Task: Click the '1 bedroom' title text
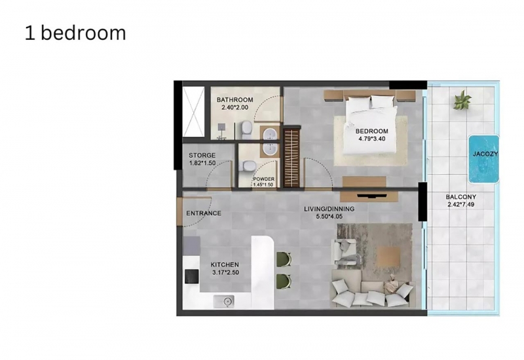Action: [75, 33]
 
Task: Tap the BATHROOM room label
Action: [234, 99]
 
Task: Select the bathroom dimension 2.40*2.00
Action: [234, 107]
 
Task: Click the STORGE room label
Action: [202, 155]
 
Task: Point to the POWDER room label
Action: [264, 179]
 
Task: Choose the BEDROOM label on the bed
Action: [371, 132]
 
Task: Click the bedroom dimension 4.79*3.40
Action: [371, 139]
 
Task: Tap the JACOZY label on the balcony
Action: [485, 154]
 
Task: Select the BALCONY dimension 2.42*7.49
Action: [461, 204]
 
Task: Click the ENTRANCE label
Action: [204, 213]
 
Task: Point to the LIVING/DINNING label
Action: [329, 209]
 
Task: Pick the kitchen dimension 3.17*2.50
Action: [225, 272]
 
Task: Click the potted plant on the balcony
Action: [462, 100]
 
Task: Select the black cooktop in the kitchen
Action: [191, 276]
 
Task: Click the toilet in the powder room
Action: [249, 166]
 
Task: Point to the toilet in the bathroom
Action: [247, 130]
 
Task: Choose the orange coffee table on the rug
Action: [388, 257]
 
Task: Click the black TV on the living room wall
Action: [372, 196]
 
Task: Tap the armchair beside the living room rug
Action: [344, 252]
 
